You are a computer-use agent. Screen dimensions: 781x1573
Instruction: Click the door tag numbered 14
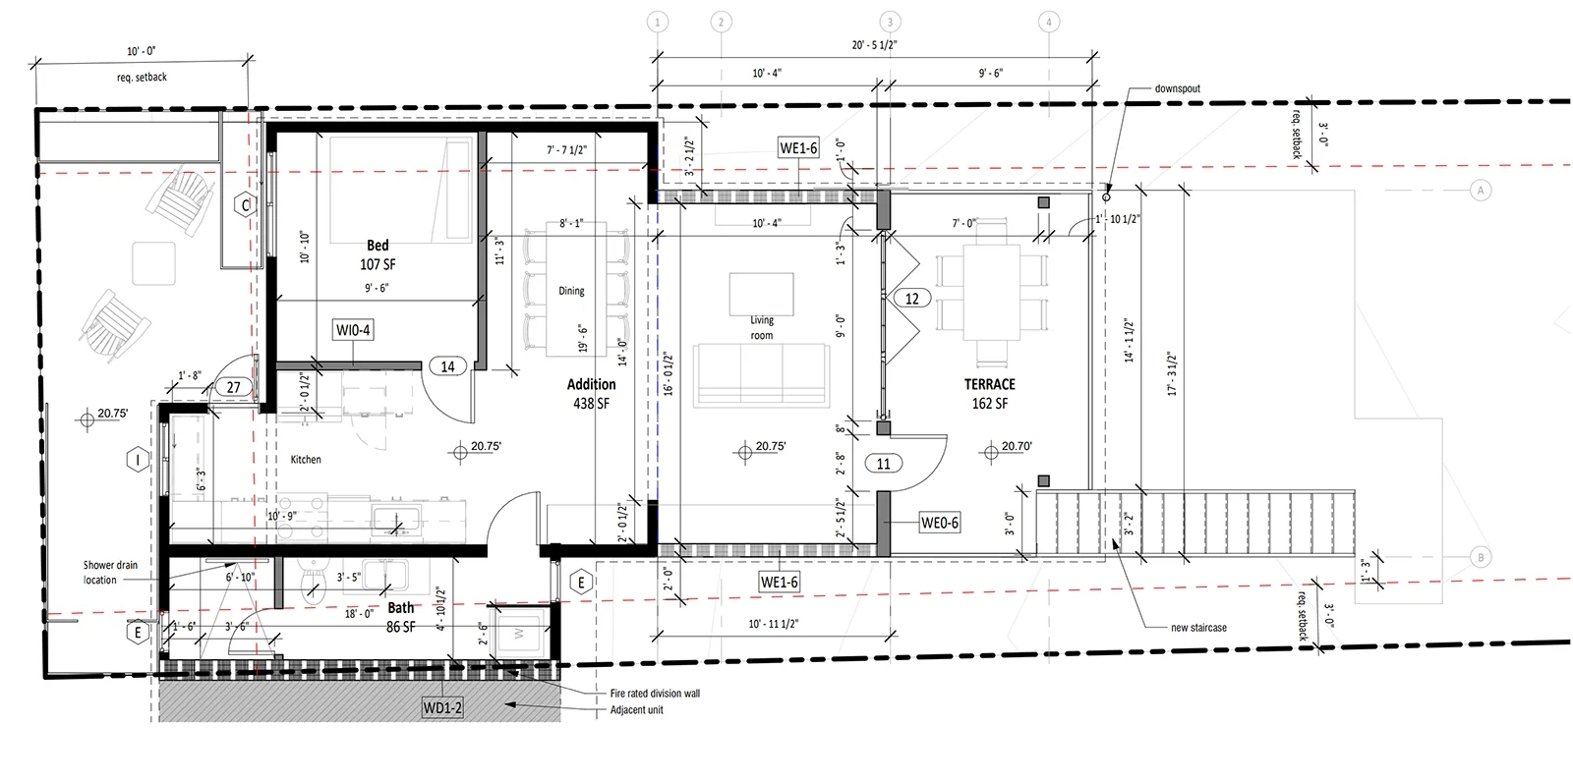pos(447,366)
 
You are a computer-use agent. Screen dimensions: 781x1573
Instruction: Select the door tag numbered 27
pos(233,387)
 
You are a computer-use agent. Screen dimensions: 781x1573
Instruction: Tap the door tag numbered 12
pos(912,299)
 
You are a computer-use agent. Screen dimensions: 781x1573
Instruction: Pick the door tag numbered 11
pos(884,463)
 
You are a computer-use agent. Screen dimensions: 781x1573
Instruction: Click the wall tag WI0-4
pos(353,330)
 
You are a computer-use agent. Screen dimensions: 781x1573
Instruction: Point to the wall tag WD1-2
pos(442,707)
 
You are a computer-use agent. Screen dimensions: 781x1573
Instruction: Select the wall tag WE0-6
pos(939,523)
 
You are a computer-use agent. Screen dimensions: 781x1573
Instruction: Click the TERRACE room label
pos(989,384)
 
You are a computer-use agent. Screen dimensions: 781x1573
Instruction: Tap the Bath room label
pos(400,608)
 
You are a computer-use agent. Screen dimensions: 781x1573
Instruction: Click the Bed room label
pos(378,246)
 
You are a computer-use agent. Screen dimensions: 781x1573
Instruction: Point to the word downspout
pos(1177,88)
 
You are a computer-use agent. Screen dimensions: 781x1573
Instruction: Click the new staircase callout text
pos(1198,628)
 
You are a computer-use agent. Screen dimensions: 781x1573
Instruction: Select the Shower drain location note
pos(110,573)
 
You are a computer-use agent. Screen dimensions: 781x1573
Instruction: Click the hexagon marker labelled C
pos(246,205)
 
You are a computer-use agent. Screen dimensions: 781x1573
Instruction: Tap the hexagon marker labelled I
pos(139,459)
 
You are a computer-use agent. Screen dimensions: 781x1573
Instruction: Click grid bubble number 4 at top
pos(1048,22)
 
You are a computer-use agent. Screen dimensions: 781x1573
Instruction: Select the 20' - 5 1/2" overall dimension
pos(874,45)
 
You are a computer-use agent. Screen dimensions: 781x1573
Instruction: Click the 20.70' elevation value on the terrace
pos(1017,447)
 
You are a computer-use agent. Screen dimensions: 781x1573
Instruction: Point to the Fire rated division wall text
pos(655,694)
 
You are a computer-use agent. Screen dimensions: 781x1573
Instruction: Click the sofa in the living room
pos(762,373)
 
